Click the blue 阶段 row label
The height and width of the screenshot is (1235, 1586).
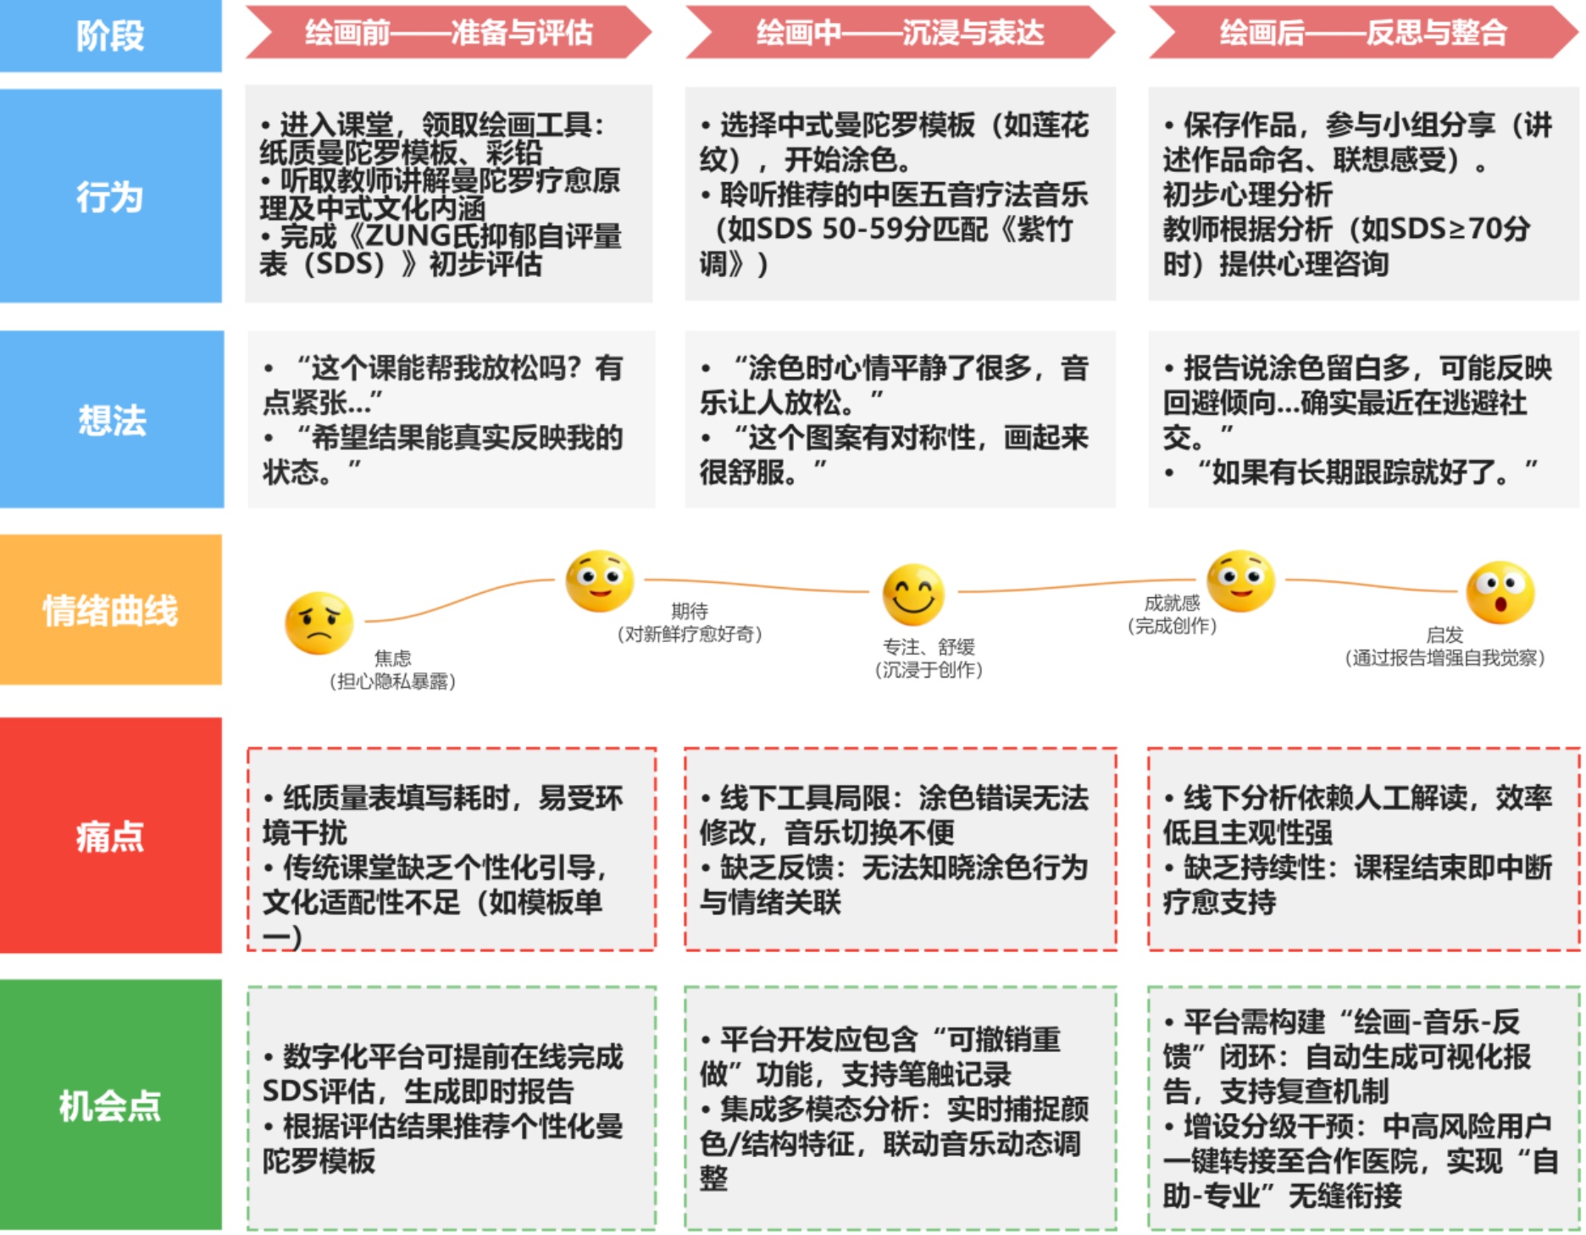tap(110, 36)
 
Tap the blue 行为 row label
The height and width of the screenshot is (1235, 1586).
tap(110, 197)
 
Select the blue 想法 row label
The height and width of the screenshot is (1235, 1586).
tap(111, 420)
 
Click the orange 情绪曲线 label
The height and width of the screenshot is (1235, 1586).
tap(110, 610)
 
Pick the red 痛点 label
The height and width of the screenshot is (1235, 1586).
tap(110, 836)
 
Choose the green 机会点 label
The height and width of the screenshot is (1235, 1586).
tap(110, 1105)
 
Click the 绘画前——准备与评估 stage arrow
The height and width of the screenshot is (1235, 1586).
tap(448, 33)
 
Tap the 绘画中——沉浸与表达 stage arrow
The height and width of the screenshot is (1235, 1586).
tap(900, 33)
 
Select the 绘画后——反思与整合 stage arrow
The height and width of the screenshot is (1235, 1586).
tap(1363, 33)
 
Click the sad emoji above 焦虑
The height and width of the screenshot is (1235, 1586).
tap(319, 623)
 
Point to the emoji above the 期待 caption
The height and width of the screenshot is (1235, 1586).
tap(600, 581)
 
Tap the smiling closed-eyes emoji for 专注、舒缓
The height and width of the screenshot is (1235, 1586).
tap(913, 594)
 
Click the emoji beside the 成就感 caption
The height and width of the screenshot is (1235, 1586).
tap(1240, 581)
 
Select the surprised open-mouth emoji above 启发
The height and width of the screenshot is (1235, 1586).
tap(1500, 592)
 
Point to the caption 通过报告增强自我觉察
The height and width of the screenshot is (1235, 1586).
tap(1445, 658)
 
